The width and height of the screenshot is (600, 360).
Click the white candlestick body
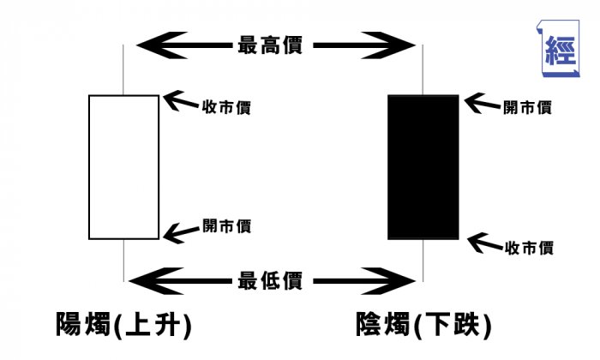coord(123,167)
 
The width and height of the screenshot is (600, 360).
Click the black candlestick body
coord(423,167)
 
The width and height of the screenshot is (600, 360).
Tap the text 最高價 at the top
coord(269,45)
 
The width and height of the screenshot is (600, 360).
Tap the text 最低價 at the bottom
coord(269,281)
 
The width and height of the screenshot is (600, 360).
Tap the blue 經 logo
coord(563,45)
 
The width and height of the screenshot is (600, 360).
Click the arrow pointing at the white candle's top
coord(178,103)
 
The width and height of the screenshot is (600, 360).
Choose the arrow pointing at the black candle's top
coord(480,104)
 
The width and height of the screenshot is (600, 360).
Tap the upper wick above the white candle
coord(124,69)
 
